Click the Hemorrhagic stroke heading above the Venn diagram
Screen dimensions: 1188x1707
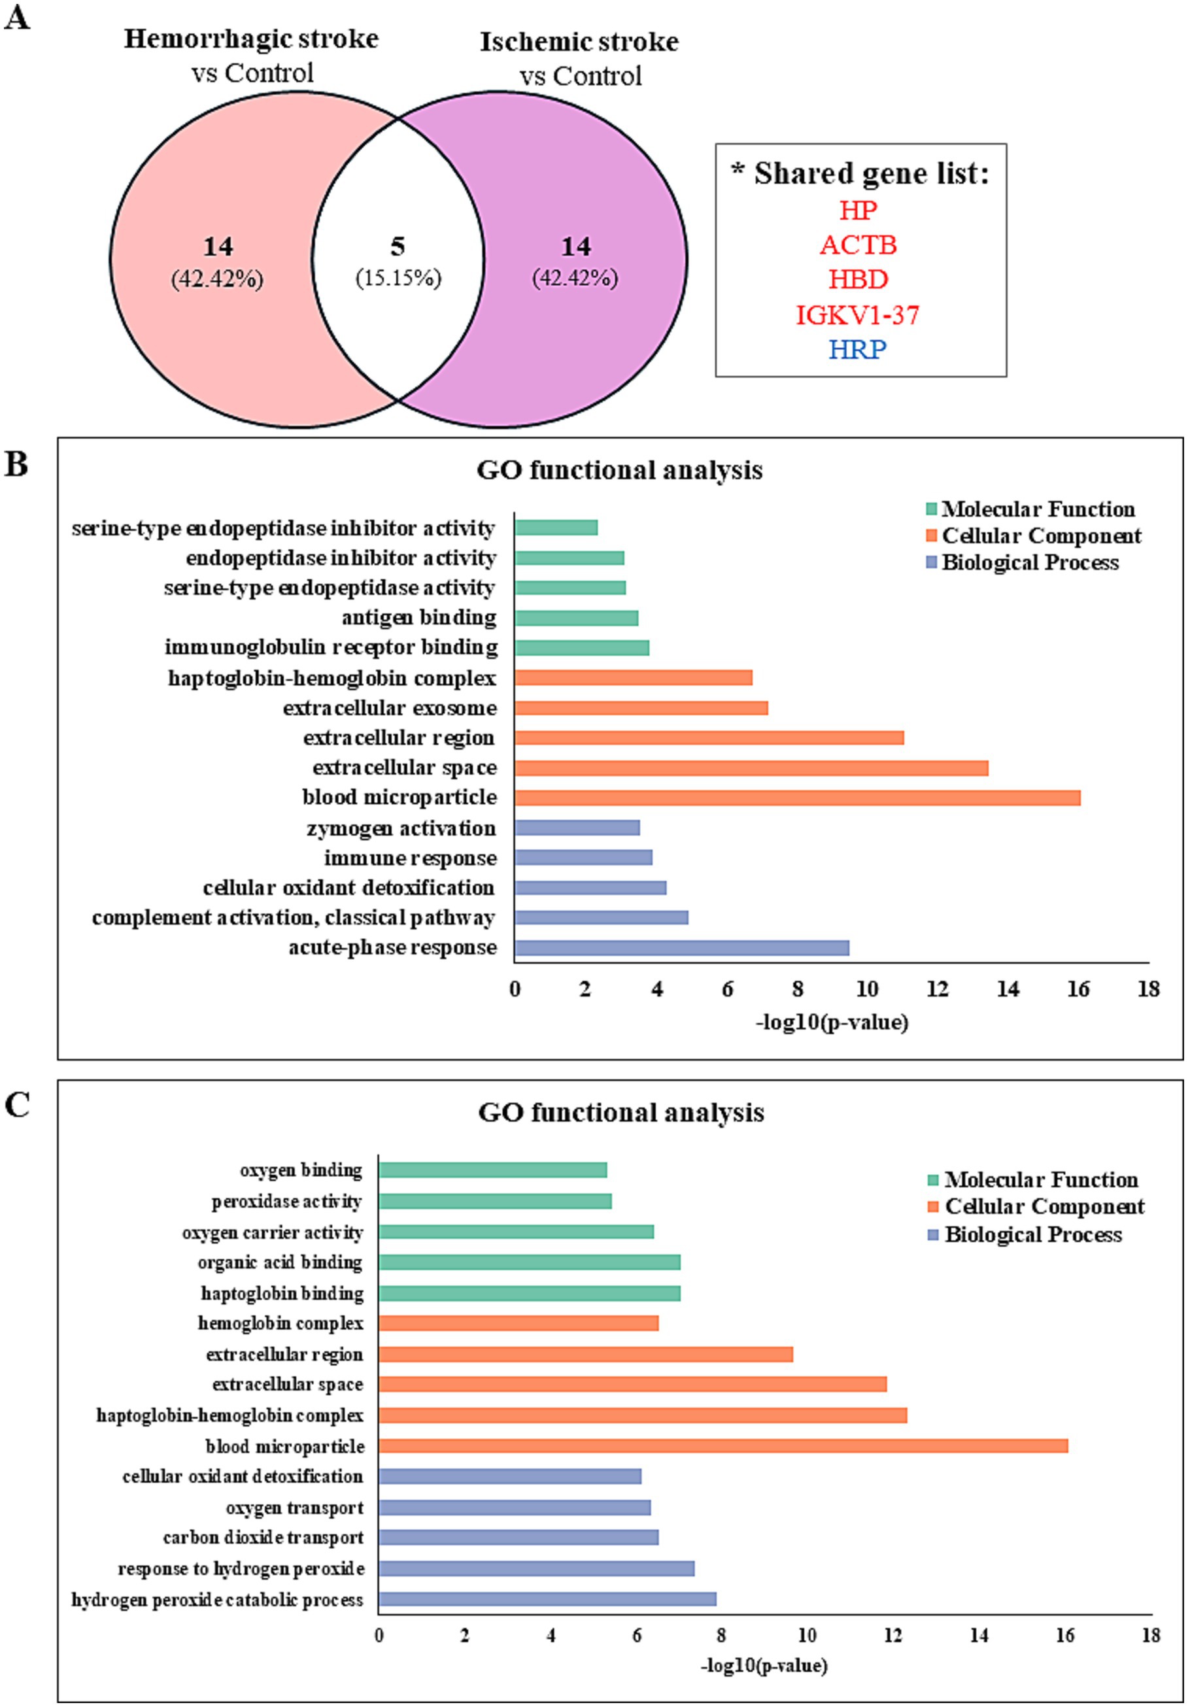tap(250, 39)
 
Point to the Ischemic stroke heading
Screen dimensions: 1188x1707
tap(579, 42)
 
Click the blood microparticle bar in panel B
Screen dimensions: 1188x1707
tap(797, 798)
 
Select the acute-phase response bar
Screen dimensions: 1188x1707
tap(682, 948)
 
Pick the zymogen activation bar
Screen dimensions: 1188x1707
tap(577, 828)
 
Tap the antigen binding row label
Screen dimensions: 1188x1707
tap(419, 617)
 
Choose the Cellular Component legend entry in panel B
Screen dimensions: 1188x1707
tap(1033, 535)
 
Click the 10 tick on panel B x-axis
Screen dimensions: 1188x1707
tap(867, 989)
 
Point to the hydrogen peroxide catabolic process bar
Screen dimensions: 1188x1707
tap(547, 1598)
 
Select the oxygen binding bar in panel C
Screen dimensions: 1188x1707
tap(493, 1170)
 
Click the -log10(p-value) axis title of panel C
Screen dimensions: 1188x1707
tap(764, 1665)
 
